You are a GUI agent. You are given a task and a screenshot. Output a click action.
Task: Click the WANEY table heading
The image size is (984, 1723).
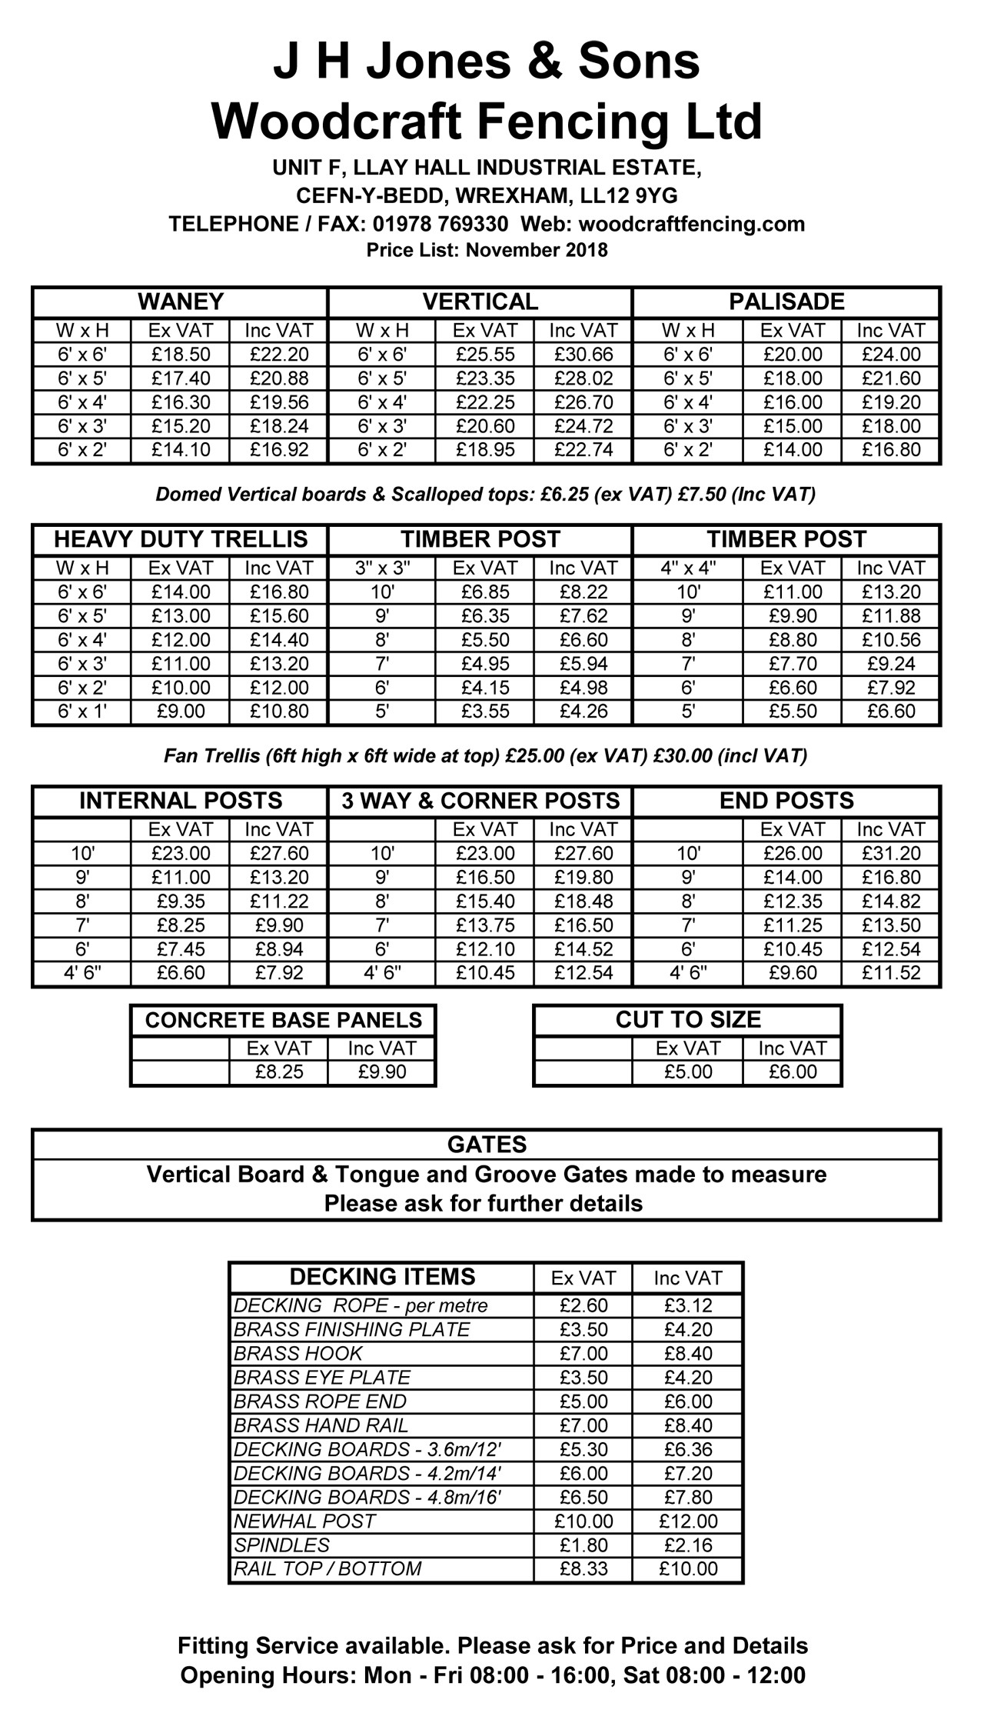coord(181,302)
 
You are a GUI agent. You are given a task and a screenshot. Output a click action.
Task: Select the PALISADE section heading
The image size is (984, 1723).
coord(786,302)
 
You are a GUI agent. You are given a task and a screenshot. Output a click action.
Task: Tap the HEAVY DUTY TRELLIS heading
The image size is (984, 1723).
coord(181,539)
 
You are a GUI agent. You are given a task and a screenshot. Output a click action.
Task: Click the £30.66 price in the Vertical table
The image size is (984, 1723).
coord(583,355)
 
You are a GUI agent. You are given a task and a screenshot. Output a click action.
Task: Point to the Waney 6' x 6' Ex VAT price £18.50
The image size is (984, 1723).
coord(181,355)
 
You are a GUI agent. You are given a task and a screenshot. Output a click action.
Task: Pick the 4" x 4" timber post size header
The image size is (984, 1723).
coord(688,568)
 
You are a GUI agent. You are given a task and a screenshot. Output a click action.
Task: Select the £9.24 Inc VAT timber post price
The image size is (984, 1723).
coord(891,664)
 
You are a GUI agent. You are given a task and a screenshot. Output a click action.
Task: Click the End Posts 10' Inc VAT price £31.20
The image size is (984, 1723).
coord(891,854)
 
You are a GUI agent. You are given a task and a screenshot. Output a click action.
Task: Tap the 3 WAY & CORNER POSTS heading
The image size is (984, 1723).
coord(480,801)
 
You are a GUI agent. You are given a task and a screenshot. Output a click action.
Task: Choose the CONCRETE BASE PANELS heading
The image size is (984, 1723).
coord(283,1020)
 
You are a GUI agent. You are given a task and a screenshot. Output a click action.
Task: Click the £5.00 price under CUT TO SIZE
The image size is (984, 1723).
coord(688,1072)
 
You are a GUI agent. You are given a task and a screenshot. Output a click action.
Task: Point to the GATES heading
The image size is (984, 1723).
coord(487,1145)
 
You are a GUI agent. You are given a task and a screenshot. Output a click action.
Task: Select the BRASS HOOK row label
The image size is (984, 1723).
coord(298,1354)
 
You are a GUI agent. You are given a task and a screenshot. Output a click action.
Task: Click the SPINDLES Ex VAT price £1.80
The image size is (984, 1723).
coord(583,1545)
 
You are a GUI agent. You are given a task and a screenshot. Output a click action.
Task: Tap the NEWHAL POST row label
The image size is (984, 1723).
coord(305,1521)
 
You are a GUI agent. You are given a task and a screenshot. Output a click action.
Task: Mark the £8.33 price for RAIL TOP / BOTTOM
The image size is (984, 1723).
coord(583,1569)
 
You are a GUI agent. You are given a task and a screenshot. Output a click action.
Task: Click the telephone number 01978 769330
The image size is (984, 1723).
coord(440,224)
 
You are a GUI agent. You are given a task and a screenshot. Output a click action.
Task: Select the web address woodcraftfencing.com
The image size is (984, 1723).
coord(691,224)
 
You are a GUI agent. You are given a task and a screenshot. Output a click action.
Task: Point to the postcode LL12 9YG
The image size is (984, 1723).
coord(629,195)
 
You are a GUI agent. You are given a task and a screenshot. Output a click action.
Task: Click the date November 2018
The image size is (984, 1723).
coord(537,251)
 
